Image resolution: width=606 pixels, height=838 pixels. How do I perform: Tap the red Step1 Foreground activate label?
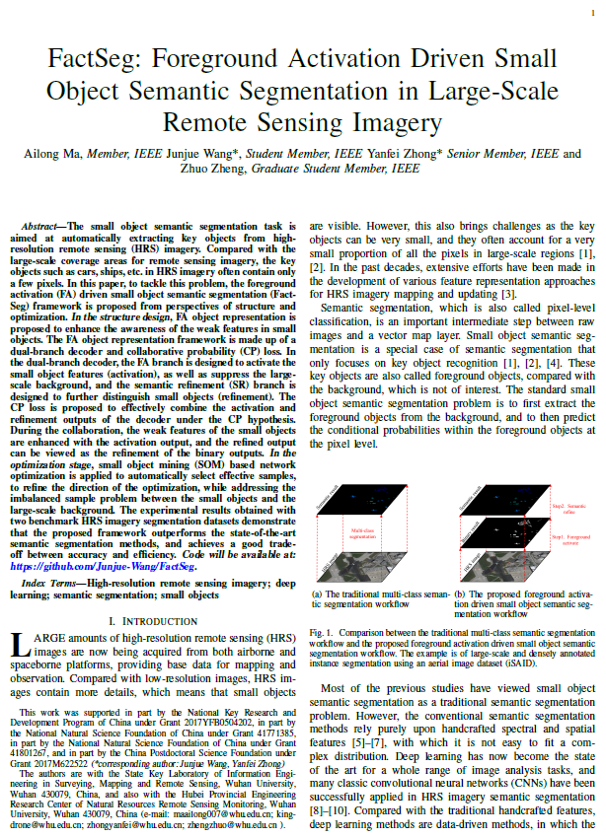[x=569, y=540]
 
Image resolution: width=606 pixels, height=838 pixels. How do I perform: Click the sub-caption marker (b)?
[x=460, y=594]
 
